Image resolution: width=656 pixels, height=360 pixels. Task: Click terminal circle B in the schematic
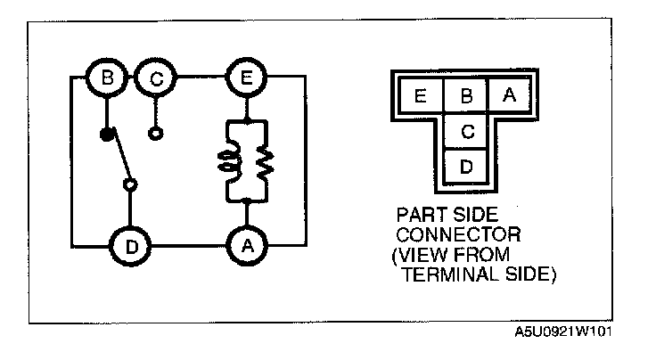(x=106, y=78)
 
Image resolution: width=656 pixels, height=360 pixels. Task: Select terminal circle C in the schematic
(x=156, y=78)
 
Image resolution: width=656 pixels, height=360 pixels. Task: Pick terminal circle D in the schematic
(x=131, y=246)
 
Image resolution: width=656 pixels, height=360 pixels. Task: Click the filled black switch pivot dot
(x=107, y=135)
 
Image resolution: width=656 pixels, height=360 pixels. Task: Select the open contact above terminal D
(x=131, y=185)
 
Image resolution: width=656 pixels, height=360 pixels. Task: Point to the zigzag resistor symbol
(x=265, y=161)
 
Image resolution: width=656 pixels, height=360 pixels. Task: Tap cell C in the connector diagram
(x=464, y=132)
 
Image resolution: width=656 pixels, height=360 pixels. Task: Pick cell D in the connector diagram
(x=464, y=166)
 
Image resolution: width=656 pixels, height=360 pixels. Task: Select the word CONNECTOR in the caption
(x=454, y=236)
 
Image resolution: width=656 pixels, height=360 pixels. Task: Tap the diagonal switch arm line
(x=119, y=160)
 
